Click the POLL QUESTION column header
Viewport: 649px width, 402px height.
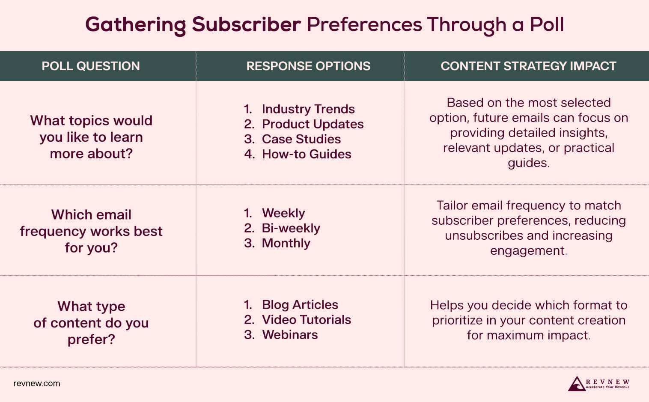tap(91, 66)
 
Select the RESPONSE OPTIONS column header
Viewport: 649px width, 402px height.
tap(308, 66)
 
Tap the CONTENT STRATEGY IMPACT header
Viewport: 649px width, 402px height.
tap(528, 66)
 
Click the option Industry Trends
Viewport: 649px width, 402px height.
tap(308, 109)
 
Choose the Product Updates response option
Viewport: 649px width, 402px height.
tap(313, 124)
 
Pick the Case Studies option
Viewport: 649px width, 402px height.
tap(301, 139)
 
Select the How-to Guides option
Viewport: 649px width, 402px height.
tap(306, 154)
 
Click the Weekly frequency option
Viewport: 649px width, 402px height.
tap(283, 213)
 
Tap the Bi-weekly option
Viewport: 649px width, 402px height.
tap(291, 228)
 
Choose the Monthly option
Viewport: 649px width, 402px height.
tap(286, 243)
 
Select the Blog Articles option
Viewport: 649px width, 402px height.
tap(300, 305)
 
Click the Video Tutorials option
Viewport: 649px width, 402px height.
tap(306, 320)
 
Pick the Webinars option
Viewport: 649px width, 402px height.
tap(290, 335)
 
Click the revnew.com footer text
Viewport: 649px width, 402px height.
tap(37, 384)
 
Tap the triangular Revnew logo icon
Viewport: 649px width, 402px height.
tap(576, 384)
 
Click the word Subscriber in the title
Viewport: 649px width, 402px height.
tap(246, 25)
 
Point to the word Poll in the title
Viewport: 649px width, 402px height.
tap(547, 25)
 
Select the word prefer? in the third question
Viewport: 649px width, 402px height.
tap(91, 339)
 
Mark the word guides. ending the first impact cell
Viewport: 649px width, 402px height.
tap(528, 163)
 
